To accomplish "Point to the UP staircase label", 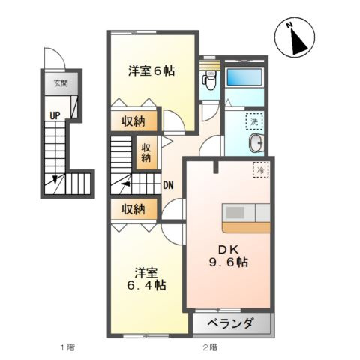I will click(55, 115).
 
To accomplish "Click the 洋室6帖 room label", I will click(151, 71).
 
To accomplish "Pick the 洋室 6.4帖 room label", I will click(145, 277).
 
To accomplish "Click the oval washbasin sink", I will click(255, 144).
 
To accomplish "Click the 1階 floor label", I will click(67, 347).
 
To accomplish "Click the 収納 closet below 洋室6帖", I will click(135, 121).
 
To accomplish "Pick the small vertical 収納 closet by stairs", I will click(145, 152).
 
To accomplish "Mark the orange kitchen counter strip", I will click(247, 226).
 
